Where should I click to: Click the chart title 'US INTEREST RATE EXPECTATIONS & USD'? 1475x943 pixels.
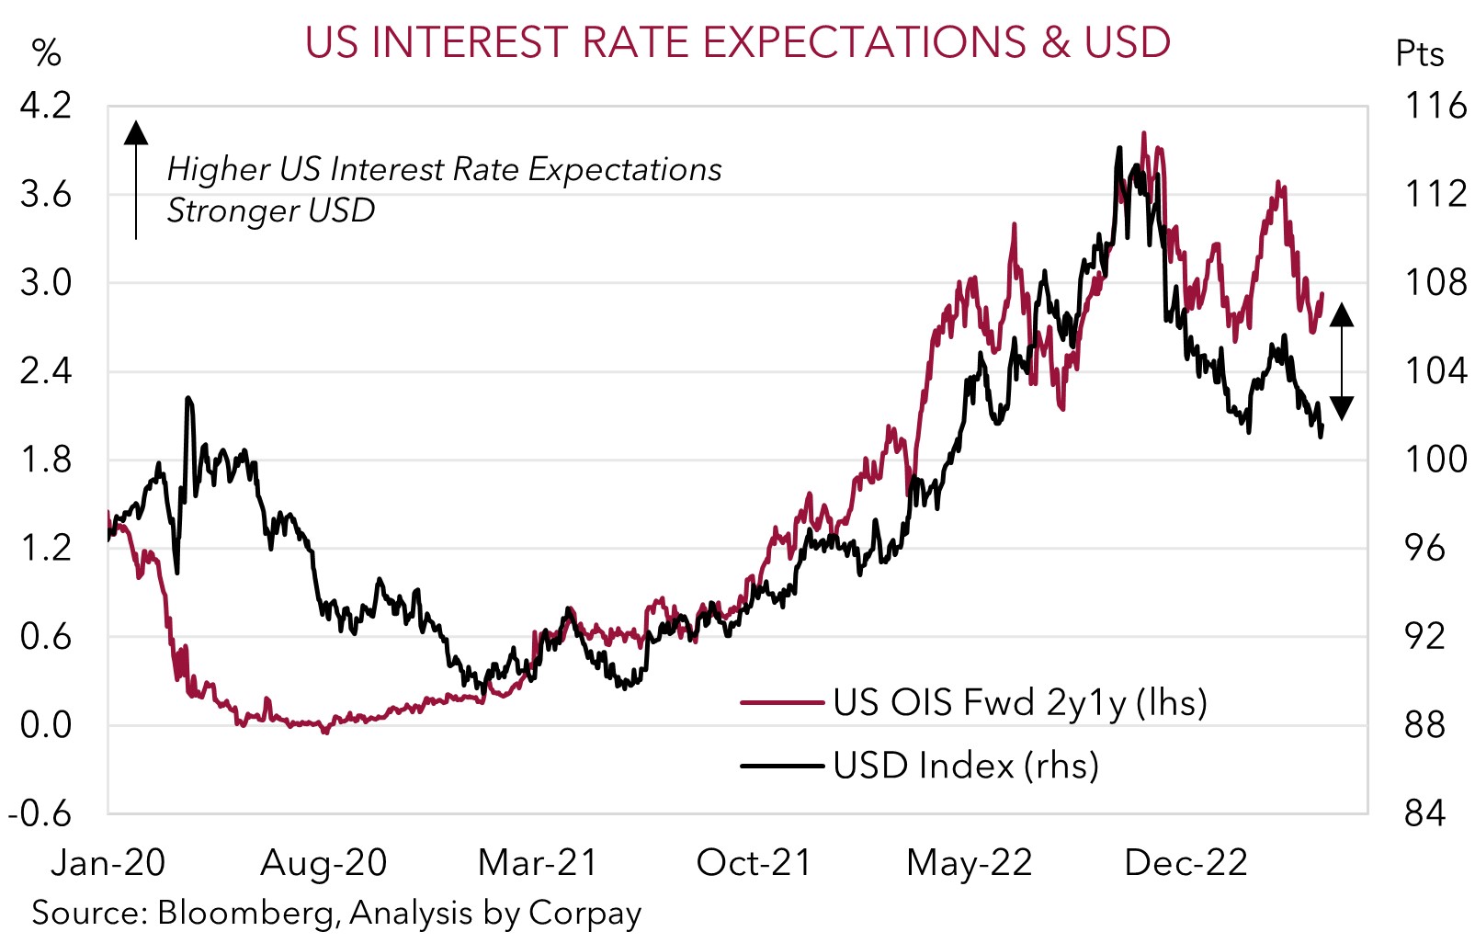coord(737,42)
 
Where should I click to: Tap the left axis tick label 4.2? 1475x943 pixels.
coord(46,106)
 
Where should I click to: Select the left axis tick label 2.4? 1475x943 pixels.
coord(46,371)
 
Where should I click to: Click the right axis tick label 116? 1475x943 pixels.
coord(1435,106)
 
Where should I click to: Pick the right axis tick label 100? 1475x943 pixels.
coord(1435,460)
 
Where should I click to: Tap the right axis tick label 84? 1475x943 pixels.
coord(1424,813)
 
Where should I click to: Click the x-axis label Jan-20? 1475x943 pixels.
coord(108,863)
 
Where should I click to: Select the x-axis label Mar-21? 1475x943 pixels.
coord(538,863)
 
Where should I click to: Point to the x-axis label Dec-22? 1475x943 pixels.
coord(1186,863)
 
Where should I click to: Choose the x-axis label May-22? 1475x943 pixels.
coord(970,863)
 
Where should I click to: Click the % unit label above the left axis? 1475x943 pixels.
coord(46,53)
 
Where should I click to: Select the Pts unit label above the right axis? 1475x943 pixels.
coord(1420,53)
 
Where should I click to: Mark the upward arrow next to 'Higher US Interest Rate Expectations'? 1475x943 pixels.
coord(136,179)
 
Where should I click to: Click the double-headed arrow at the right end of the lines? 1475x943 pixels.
coord(1342,361)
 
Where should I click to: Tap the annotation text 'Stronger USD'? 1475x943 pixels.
coord(271,210)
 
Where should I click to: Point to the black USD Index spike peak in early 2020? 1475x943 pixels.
coord(187,399)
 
